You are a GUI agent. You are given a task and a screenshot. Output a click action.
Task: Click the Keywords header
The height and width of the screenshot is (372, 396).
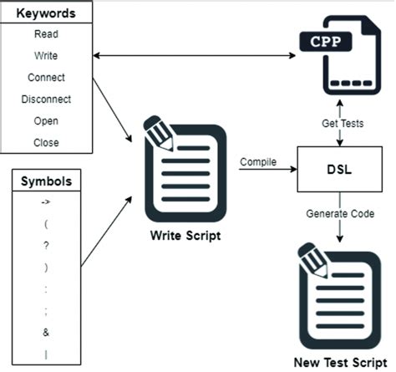click(x=46, y=14)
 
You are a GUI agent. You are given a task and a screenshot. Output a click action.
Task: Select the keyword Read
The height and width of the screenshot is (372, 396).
click(x=46, y=35)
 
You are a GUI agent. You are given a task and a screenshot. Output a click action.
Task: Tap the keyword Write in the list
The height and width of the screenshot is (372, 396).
click(x=46, y=56)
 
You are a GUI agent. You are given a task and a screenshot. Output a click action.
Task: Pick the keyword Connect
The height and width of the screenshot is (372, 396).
click(x=46, y=78)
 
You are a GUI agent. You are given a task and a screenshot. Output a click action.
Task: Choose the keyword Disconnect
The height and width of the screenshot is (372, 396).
click(x=46, y=99)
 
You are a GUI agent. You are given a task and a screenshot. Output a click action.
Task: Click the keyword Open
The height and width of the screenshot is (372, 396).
click(x=46, y=121)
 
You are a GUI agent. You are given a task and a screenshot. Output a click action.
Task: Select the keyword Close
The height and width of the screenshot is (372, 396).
click(x=46, y=142)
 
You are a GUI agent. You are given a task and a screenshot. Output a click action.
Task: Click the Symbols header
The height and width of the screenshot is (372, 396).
click(x=45, y=181)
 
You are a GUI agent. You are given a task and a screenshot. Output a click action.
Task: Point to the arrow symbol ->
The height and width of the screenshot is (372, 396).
click(x=45, y=203)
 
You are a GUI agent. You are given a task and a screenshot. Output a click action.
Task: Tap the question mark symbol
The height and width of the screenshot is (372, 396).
click(x=45, y=246)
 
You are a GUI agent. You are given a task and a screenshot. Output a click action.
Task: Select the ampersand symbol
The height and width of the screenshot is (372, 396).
click(x=45, y=332)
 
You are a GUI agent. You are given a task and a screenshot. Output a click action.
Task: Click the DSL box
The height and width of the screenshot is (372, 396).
click(x=338, y=168)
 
